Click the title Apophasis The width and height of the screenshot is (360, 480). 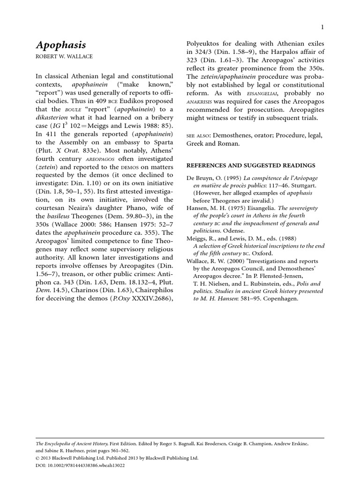[x=60, y=45]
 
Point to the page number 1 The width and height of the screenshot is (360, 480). [x=322, y=28]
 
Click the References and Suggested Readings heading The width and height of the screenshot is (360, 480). [x=251, y=165]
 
